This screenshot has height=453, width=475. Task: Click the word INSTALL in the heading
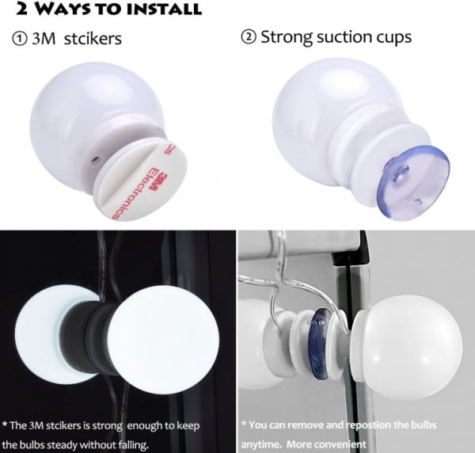click(164, 9)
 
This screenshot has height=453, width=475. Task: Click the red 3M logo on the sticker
click(159, 182)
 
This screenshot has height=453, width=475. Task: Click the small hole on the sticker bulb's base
click(96, 158)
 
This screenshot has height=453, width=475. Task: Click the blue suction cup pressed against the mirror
click(321, 344)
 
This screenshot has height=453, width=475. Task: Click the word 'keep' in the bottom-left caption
click(188, 426)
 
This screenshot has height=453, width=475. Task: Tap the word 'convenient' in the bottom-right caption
click(340, 444)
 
